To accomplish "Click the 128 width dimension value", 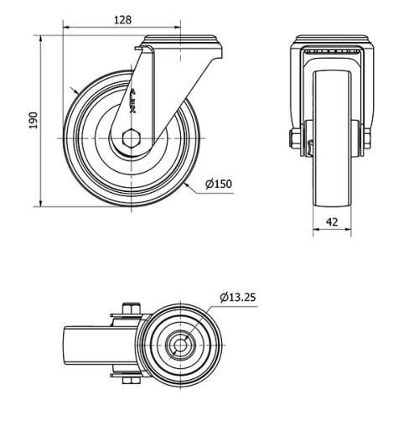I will [122, 18].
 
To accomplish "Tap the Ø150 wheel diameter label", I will [217, 184].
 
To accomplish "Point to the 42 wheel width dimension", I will [332, 221].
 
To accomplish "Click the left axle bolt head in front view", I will [296, 138].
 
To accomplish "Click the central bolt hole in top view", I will [180, 345].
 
